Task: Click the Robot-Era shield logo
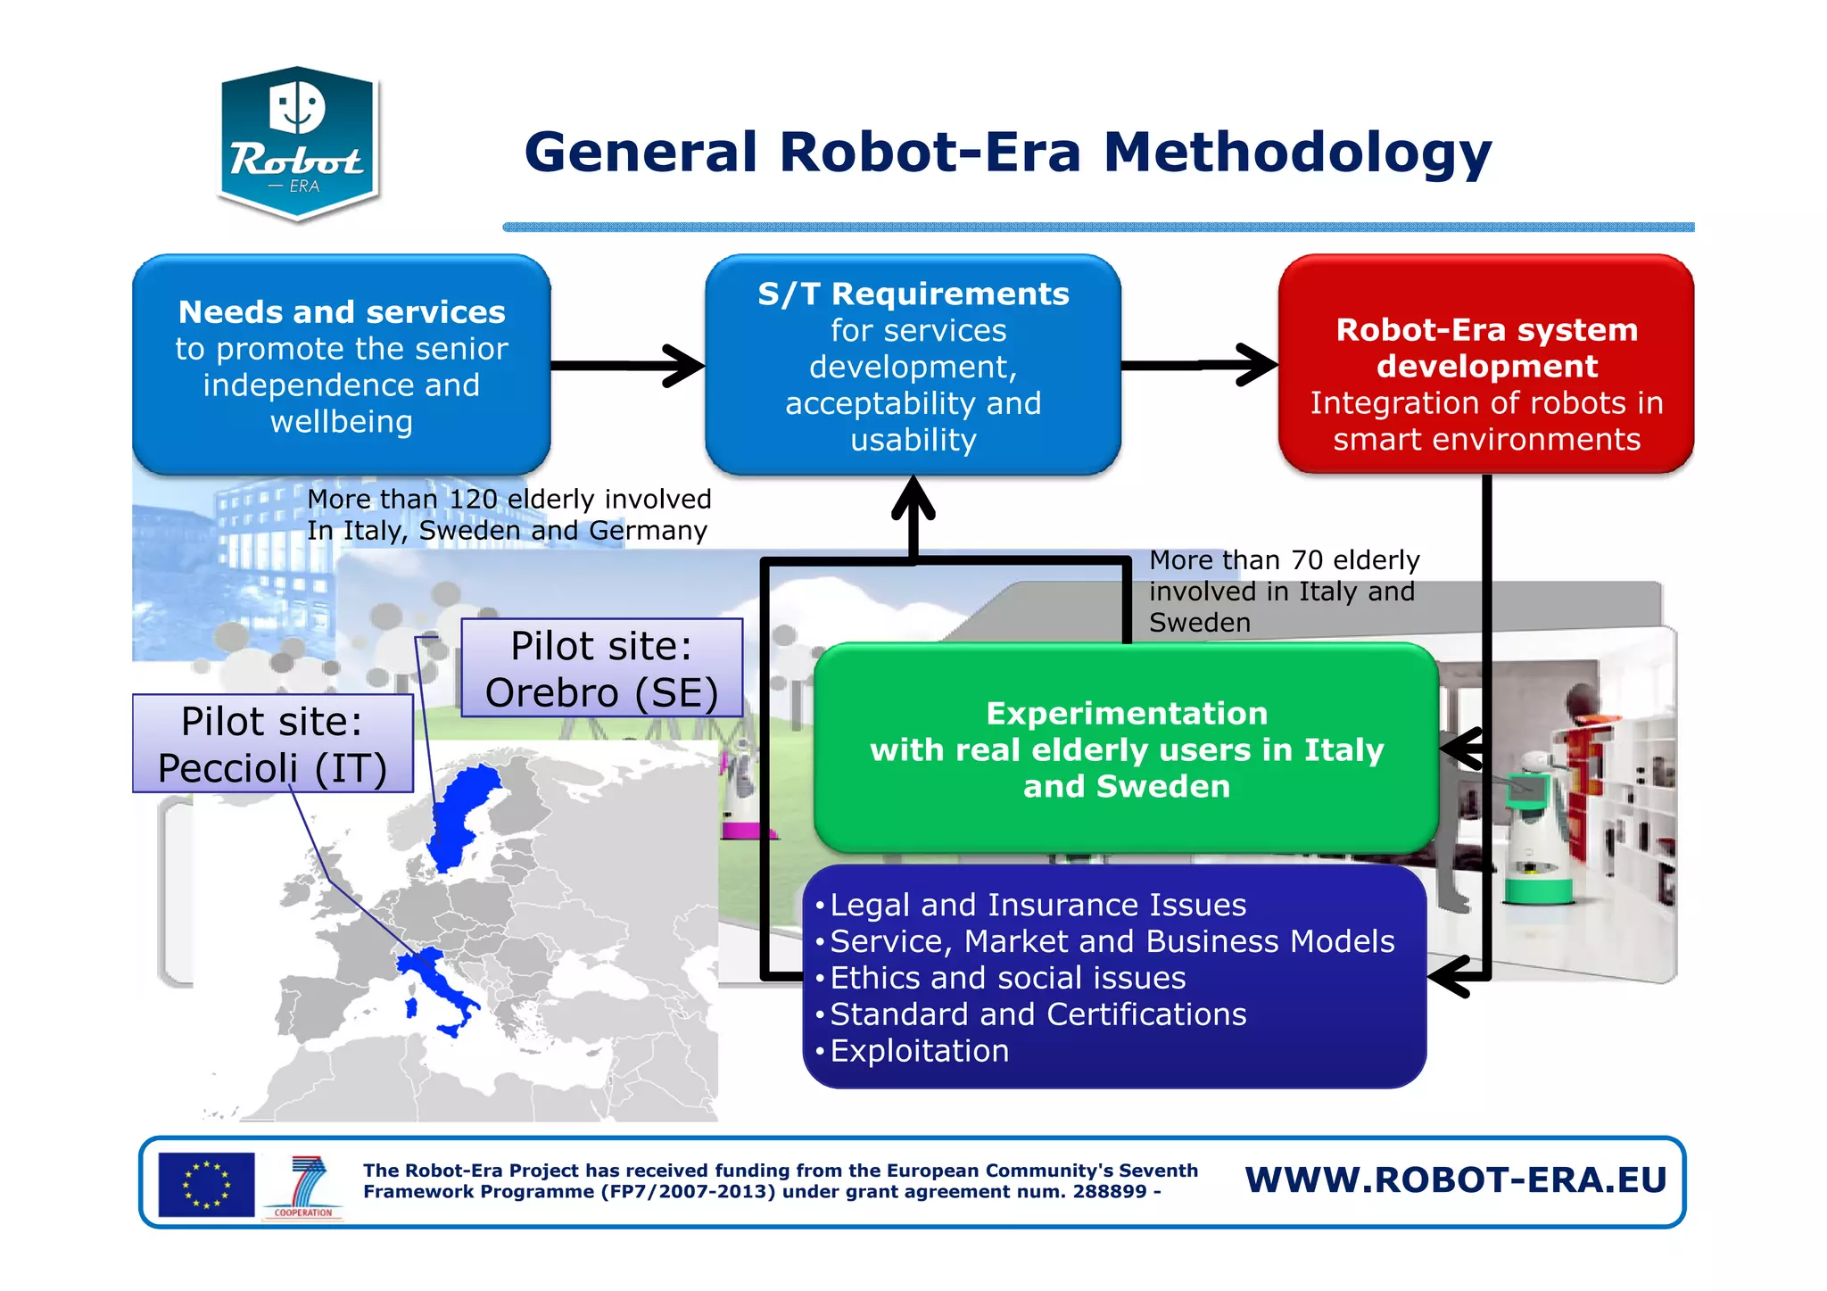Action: tap(298, 143)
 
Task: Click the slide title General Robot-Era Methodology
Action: tap(1007, 152)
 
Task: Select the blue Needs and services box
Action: tap(341, 365)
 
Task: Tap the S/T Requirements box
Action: tap(913, 365)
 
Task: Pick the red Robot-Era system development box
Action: tap(1486, 365)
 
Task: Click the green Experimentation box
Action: tap(1126, 749)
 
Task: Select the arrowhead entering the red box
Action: tap(1258, 365)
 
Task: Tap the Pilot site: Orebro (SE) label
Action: tap(601, 668)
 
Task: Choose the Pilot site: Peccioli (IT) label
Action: tap(272, 744)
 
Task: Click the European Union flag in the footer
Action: tap(206, 1184)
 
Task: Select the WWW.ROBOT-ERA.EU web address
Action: tap(1456, 1179)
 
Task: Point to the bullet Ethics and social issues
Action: tap(1007, 978)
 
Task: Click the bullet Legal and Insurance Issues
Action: tap(1038, 905)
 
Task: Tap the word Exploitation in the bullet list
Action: tap(919, 1051)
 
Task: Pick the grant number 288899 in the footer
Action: tap(1109, 1192)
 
